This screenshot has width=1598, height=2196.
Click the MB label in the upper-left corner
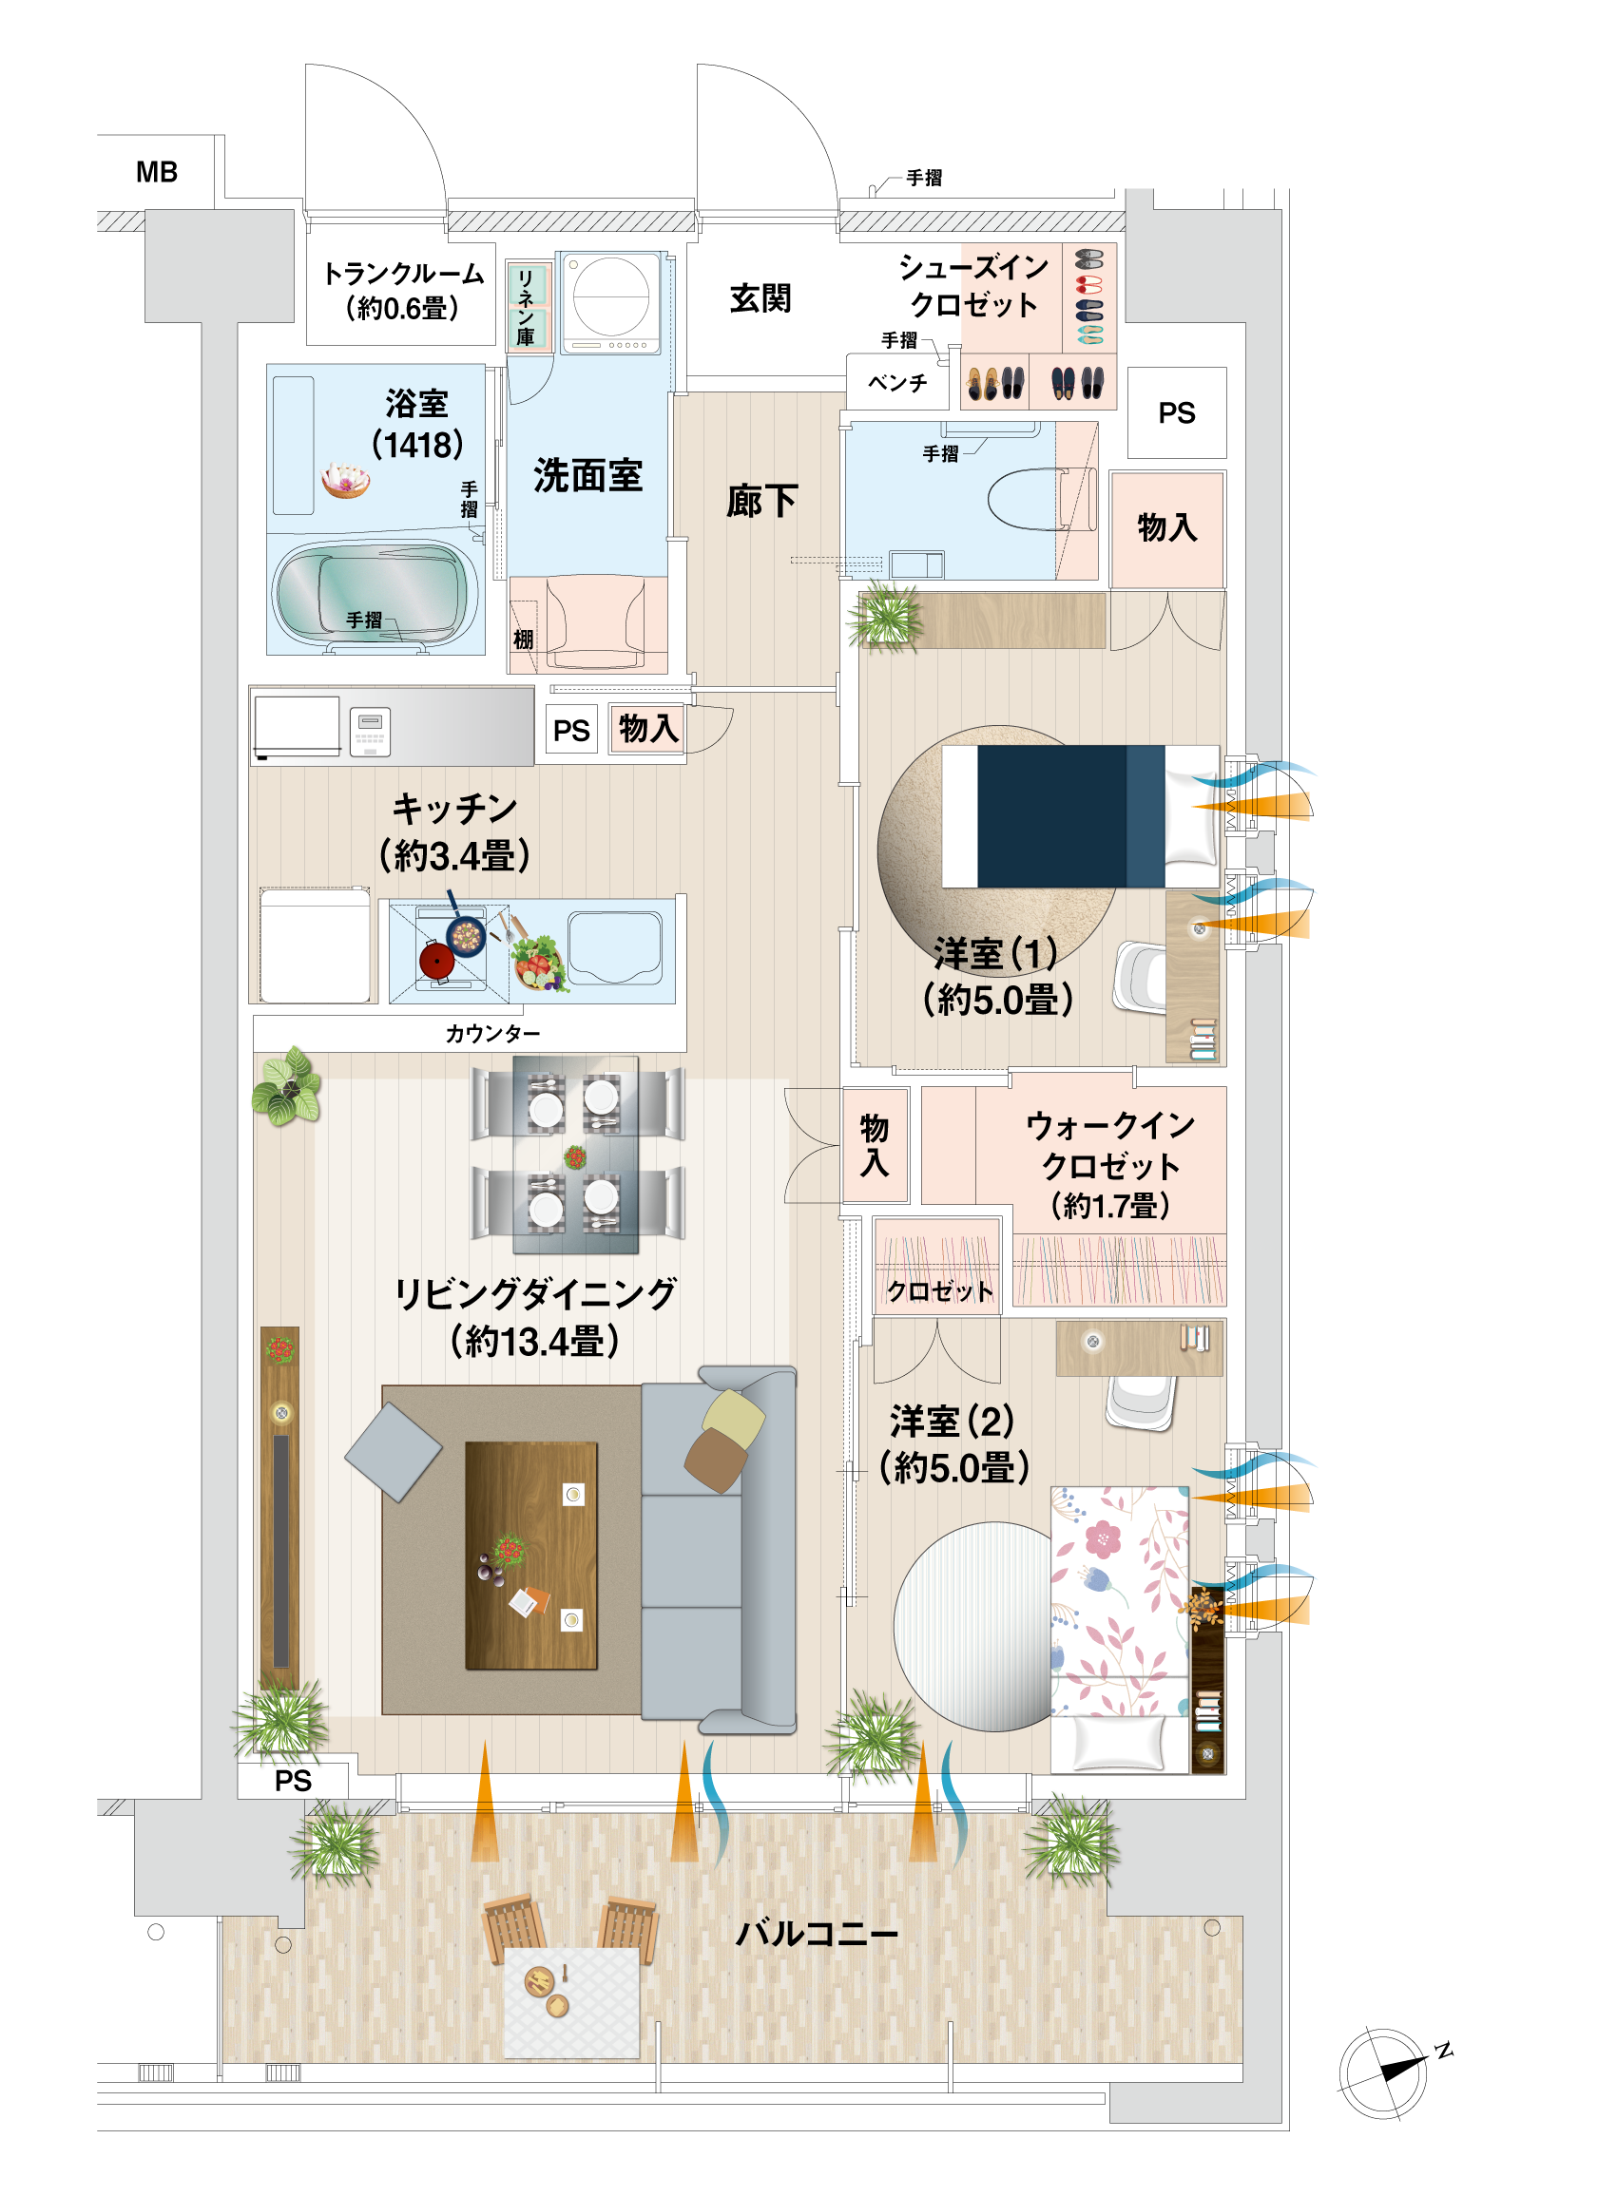click(x=157, y=172)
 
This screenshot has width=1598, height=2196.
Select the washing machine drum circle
click(x=610, y=296)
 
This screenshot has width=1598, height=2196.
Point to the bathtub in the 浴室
click(x=375, y=592)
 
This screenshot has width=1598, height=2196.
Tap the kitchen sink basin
click(x=615, y=946)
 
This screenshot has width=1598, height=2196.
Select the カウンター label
click(x=493, y=1034)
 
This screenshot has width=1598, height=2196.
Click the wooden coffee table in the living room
click(x=530, y=1556)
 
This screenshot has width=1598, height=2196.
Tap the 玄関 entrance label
click(x=760, y=298)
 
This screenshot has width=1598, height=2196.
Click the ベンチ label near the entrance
click(x=896, y=382)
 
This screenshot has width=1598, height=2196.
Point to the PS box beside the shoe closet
click(x=1177, y=412)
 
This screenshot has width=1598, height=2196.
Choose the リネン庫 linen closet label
click(x=525, y=308)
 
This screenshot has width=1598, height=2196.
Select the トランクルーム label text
click(x=403, y=274)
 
